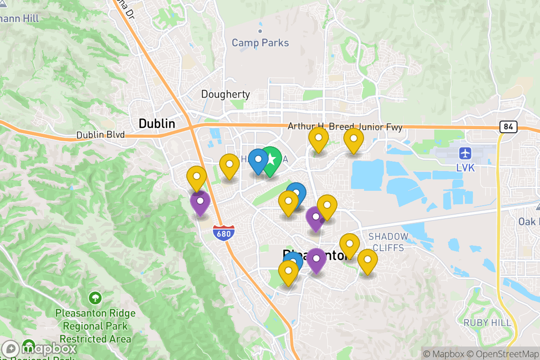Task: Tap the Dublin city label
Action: click(157, 123)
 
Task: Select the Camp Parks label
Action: click(260, 43)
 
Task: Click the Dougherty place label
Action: click(225, 94)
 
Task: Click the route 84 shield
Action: click(508, 127)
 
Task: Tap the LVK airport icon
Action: click(465, 153)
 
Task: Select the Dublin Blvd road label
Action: click(100, 135)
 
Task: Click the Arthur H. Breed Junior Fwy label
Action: click(345, 127)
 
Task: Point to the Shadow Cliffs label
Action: click(388, 242)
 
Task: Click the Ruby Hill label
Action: click(487, 323)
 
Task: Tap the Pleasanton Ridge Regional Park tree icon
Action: click(95, 297)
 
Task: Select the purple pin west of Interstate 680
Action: click(200, 202)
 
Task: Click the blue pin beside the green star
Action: click(258, 159)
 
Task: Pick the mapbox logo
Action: click(40, 349)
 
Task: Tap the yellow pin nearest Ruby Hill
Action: click(368, 260)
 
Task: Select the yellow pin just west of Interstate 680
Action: click(197, 177)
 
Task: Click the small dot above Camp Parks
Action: click(260, 31)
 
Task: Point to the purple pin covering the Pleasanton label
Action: click(317, 259)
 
